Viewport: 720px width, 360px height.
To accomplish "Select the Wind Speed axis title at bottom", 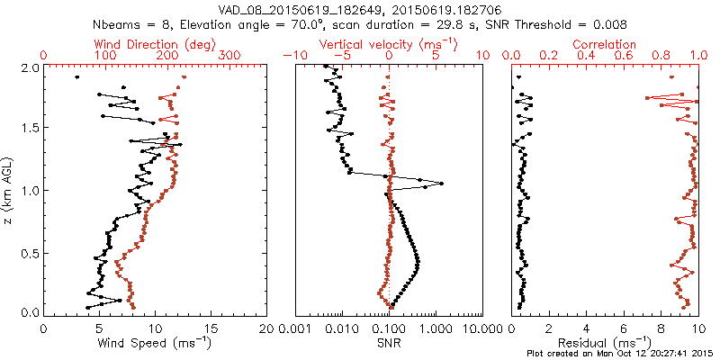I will point(156,342).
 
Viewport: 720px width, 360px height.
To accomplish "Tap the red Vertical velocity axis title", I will point(389,43).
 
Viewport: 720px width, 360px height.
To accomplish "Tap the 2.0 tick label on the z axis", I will point(29,67).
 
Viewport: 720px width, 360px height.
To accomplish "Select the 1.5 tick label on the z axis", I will point(29,129).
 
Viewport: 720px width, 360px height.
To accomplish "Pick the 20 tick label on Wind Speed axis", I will point(267,328).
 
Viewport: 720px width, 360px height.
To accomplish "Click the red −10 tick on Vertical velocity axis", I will point(293,56).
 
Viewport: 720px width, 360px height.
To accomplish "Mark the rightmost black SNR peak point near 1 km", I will point(441,184).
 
